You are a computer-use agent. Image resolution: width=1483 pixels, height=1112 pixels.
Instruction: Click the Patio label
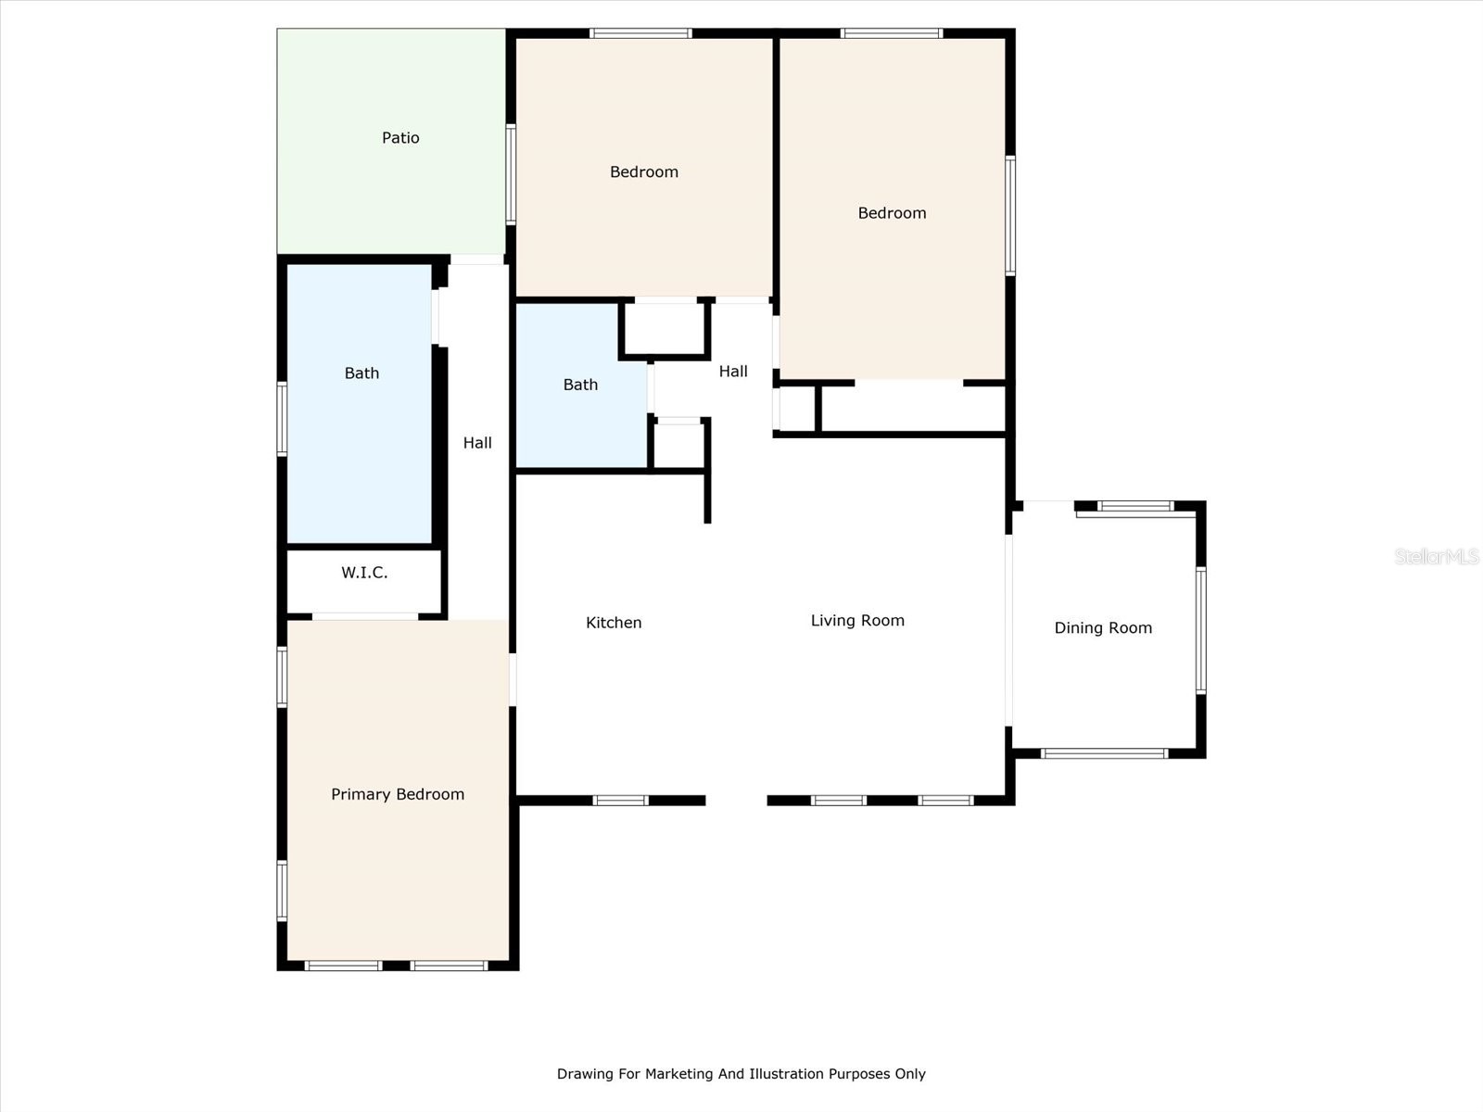click(400, 138)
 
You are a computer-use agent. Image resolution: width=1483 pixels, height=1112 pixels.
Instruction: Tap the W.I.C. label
click(364, 573)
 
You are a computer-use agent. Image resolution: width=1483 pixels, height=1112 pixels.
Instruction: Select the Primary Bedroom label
click(398, 794)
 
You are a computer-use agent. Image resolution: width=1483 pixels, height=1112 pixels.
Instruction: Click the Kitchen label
click(614, 623)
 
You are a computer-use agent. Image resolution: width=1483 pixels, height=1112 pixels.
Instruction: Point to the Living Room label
click(857, 621)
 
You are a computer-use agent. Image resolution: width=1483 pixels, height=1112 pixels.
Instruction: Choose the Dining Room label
click(1103, 628)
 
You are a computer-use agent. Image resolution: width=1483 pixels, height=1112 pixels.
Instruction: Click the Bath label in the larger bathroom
click(361, 373)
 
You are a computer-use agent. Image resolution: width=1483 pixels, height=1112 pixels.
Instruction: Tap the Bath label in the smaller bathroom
click(580, 385)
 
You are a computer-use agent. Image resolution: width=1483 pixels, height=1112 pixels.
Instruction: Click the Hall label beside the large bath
click(477, 443)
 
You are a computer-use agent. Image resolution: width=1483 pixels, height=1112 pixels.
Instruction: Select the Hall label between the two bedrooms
click(733, 372)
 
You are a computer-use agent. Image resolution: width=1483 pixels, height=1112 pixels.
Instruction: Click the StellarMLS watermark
click(1436, 556)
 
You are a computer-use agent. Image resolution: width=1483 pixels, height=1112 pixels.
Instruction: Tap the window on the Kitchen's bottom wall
click(620, 801)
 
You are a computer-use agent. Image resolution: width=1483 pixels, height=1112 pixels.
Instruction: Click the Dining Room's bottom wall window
click(1104, 753)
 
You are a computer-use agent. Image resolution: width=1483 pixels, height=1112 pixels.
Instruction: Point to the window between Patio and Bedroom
click(511, 174)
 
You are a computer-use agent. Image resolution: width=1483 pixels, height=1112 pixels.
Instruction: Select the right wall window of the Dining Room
click(1200, 631)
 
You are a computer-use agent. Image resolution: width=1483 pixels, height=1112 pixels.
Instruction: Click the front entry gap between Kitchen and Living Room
click(737, 801)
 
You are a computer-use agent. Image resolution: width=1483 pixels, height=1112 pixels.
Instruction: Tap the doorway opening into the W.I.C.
click(365, 616)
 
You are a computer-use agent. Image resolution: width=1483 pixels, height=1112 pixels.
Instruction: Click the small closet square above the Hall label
click(664, 329)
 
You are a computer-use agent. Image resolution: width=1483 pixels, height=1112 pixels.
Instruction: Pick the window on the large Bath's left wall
click(282, 419)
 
